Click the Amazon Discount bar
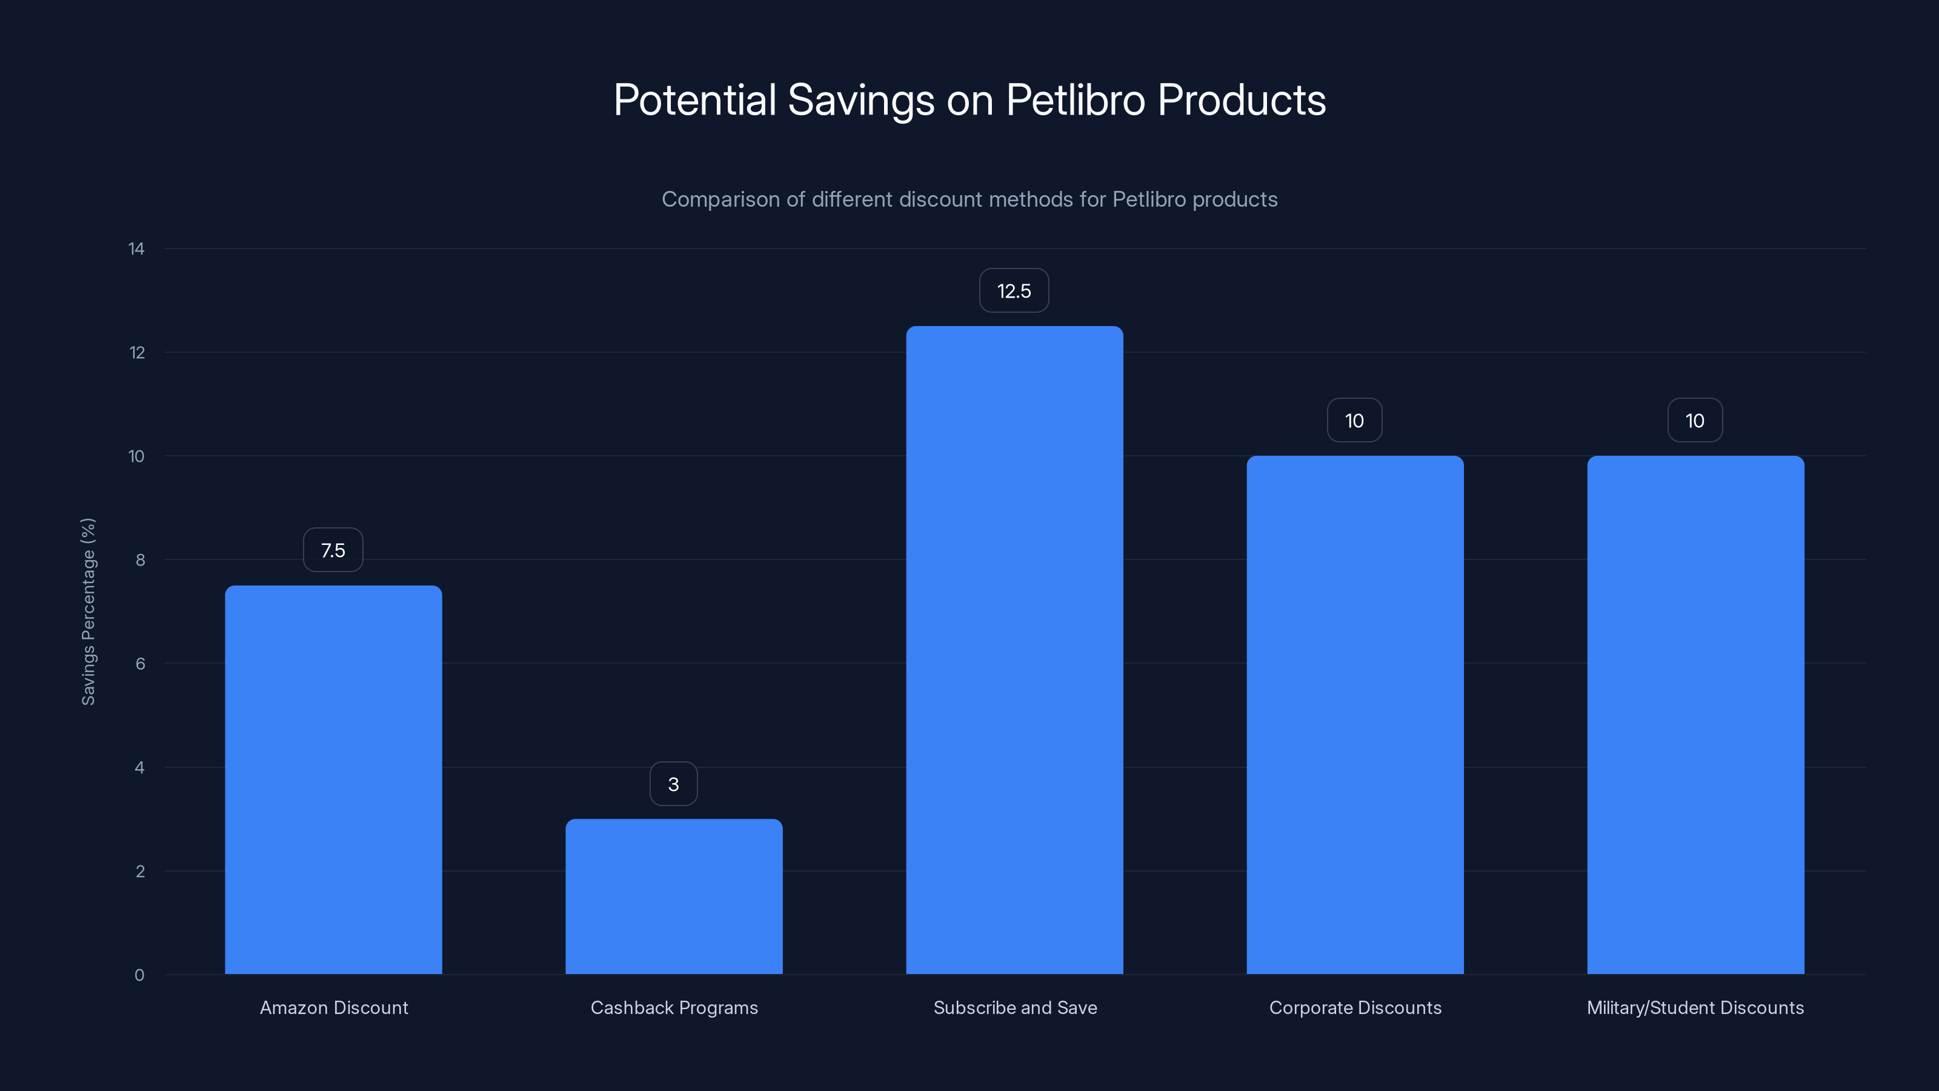pos(333,779)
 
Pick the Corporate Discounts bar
pos(1355,715)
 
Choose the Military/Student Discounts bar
pos(1695,715)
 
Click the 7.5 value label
pos(333,550)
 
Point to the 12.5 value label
pos(1014,291)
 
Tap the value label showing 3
pos(674,784)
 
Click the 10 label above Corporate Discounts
pos(1354,420)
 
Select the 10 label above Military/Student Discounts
pos(1694,420)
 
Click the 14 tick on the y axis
pos(136,249)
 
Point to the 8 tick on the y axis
pos(140,559)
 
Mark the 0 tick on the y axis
pos(139,975)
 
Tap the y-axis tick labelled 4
pos(139,767)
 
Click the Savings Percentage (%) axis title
pos(88,612)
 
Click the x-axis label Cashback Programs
pos(674,1007)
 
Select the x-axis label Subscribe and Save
pos(1015,1007)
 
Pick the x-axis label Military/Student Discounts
pos(1695,1007)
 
